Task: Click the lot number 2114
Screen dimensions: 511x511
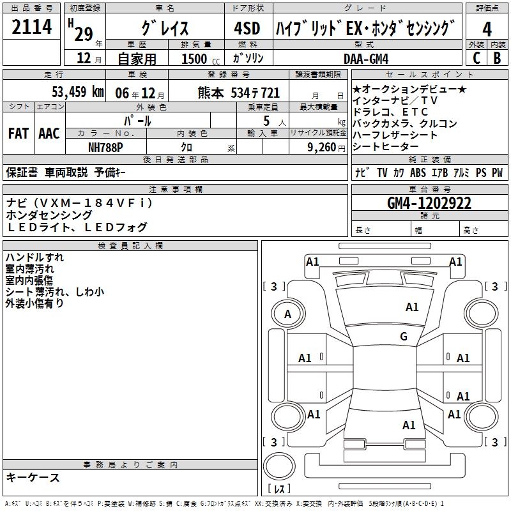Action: pos(32,28)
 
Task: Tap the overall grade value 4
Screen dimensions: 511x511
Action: pos(487,28)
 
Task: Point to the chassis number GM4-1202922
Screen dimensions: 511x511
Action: pos(429,204)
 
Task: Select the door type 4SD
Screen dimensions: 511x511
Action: pos(247,28)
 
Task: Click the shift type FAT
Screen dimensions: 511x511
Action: pos(18,133)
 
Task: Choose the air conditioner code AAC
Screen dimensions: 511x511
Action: pos(49,133)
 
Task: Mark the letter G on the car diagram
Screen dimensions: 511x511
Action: pos(403,337)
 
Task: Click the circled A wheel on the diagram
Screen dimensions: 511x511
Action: pos(287,314)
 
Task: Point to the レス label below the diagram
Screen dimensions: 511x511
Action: pos(280,489)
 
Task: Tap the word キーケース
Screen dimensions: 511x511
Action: pos(33,477)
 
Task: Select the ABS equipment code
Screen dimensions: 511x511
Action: pos(418,172)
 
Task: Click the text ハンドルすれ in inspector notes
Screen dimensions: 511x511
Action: pos(34,257)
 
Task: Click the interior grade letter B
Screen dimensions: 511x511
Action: pos(497,58)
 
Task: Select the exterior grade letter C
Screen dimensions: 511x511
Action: pos(476,58)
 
